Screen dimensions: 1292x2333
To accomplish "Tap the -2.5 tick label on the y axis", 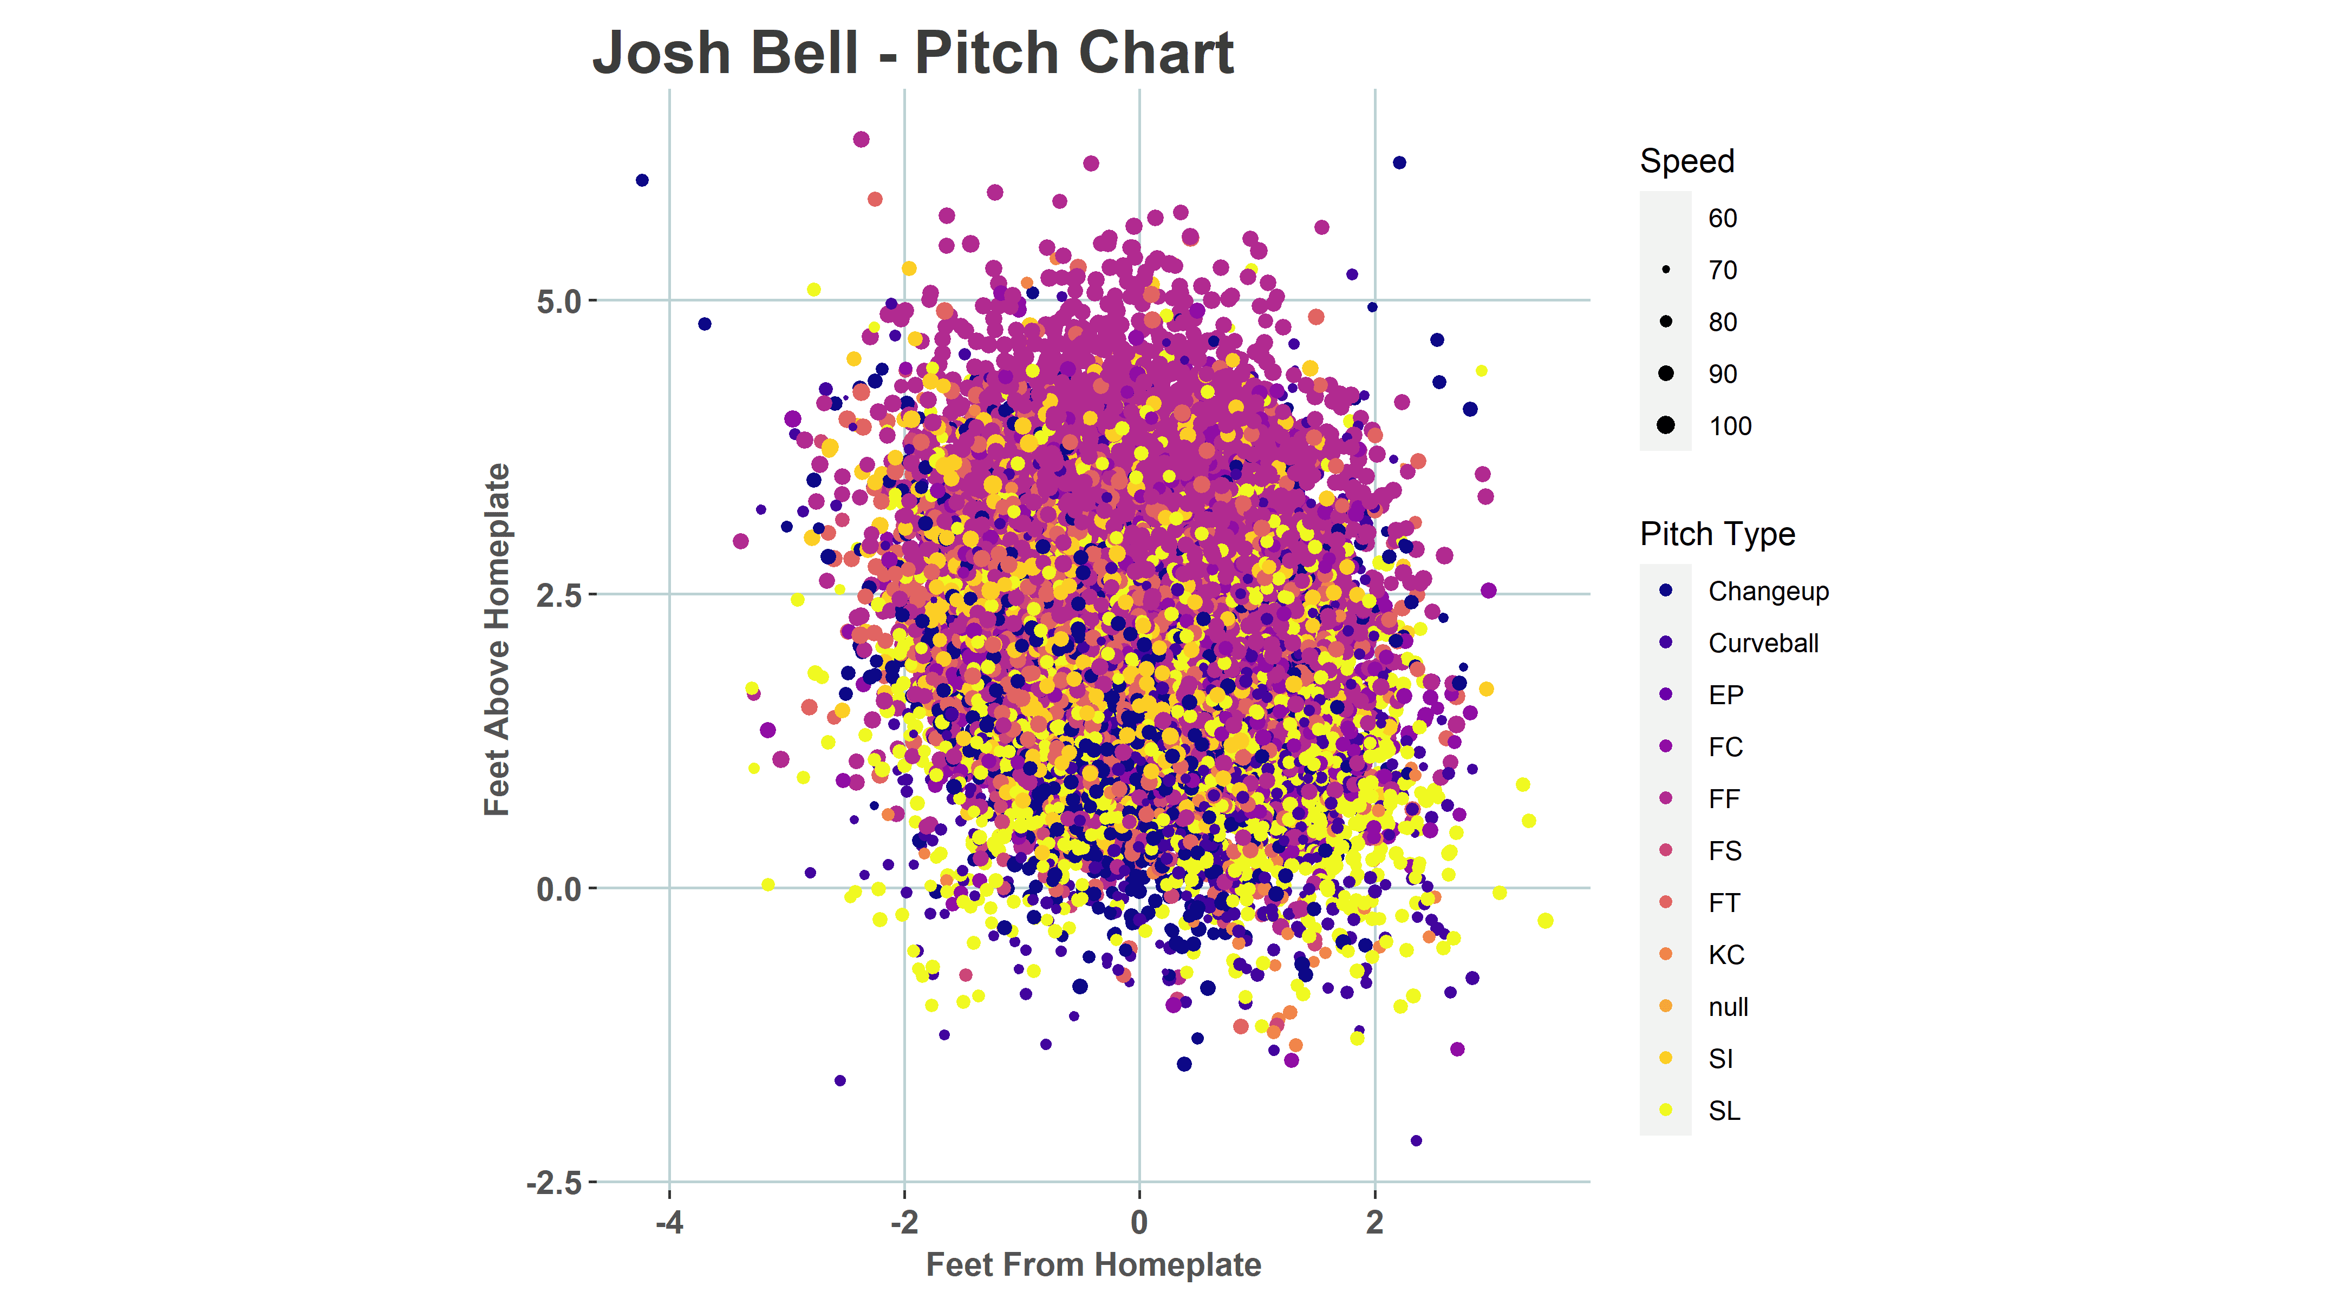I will [x=554, y=1183].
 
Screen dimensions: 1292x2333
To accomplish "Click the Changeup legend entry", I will [x=1767, y=591].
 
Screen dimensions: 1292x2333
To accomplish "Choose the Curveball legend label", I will [x=1762, y=643].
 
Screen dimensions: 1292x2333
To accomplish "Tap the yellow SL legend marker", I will [x=1665, y=1110].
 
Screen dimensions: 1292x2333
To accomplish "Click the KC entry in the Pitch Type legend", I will [x=1725, y=954].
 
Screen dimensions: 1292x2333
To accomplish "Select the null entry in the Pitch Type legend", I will [x=1727, y=1007].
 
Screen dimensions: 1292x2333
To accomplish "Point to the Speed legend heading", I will [x=1686, y=161].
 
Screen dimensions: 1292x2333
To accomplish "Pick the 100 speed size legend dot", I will [x=1665, y=425].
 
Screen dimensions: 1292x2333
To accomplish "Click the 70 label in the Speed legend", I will [x=1722, y=270].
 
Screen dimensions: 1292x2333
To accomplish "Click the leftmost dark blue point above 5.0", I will [x=642, y=180].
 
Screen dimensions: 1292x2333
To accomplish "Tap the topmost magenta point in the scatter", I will [x=861, y=140].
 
